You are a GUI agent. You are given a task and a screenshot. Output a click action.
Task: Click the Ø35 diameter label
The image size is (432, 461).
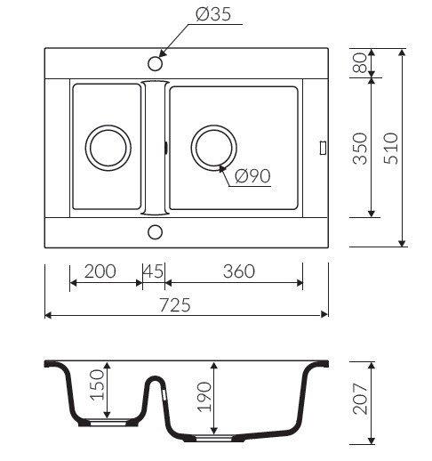pos(213,14)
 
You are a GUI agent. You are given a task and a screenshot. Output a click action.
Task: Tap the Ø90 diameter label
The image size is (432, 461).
pos(252,175)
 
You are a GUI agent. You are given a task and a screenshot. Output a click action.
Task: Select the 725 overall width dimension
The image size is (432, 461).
pos(175,305)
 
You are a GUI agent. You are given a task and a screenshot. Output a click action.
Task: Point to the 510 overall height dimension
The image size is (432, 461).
pos(391,148)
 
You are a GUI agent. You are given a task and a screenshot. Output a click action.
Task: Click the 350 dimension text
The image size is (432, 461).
pos(360,148)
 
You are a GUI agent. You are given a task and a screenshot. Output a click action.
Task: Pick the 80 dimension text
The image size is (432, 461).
pos(359,62)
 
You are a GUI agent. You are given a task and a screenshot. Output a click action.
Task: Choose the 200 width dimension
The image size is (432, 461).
pos(100,271)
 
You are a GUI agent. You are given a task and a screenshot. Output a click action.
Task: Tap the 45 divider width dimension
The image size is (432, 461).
pos(153,271)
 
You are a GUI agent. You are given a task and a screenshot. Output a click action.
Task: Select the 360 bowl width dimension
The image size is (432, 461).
pos(239,271)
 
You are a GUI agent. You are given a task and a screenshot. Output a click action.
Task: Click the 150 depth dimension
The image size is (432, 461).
pos(98,384)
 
